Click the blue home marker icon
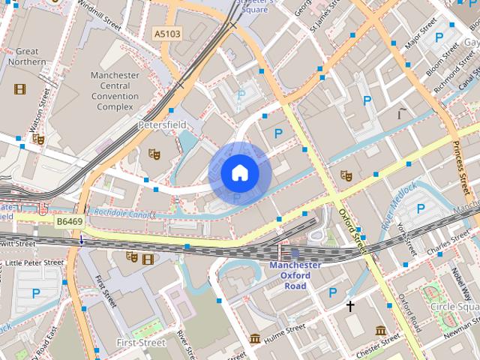tap(240, 173)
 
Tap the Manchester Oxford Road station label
tap(295, 275)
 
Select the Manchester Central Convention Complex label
tap(115, 91)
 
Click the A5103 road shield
tap(168, 34)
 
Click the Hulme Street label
tap(285, 328)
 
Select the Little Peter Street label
tap(34, 262)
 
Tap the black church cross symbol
tap(349, 306)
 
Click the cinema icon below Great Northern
tap(19, 88)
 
